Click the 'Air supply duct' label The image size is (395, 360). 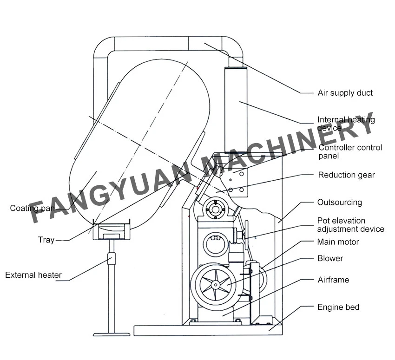click(345, 93)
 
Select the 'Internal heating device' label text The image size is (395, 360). click(346, 124)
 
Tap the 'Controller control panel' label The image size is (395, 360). click(350, 151)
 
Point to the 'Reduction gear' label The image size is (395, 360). click(346, 175)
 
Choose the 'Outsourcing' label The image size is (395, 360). click(340, 202)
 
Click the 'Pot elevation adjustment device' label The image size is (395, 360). click(351, 225)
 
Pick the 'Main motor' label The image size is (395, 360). click(338, 242)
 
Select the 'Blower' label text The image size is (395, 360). click(330, 258)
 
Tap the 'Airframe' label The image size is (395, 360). click(333, 280)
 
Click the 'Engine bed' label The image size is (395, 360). click(338, 307)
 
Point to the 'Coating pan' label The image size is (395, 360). click(32, 208)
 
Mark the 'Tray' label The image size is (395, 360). click(46, 240)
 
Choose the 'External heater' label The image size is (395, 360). click(33, 275)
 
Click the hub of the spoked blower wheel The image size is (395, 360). click(215, 285)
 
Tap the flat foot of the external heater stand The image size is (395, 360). click(112, 334)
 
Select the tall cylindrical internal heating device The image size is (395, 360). click(236, 110)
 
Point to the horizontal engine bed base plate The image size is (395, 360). click(208, 330)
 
